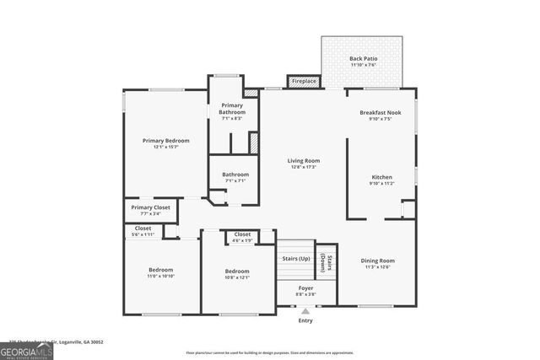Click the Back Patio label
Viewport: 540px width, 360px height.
[362, 62]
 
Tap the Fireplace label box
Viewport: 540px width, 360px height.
[304, 81]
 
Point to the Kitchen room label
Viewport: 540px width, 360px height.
[381, 180]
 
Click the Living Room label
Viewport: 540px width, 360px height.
[303, 163]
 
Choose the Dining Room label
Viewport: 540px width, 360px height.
[378, 264]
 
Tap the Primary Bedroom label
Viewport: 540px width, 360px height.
[165, 143]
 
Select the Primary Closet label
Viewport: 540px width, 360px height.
[150, 210]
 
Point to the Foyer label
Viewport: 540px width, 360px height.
[306, 290]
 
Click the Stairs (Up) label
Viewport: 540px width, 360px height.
[295, 257]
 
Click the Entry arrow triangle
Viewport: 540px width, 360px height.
[305, 311]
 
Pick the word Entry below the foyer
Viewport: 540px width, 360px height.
[305, 320]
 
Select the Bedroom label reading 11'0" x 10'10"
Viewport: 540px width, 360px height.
[160, 273]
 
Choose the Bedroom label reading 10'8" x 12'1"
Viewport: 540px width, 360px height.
[237, 273]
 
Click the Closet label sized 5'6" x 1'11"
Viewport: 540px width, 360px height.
[143, 230]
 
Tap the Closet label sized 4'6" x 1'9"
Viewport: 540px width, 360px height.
[242, 237]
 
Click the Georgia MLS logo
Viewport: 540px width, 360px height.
[26, 347]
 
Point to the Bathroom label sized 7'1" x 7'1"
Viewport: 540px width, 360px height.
[235, 177]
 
